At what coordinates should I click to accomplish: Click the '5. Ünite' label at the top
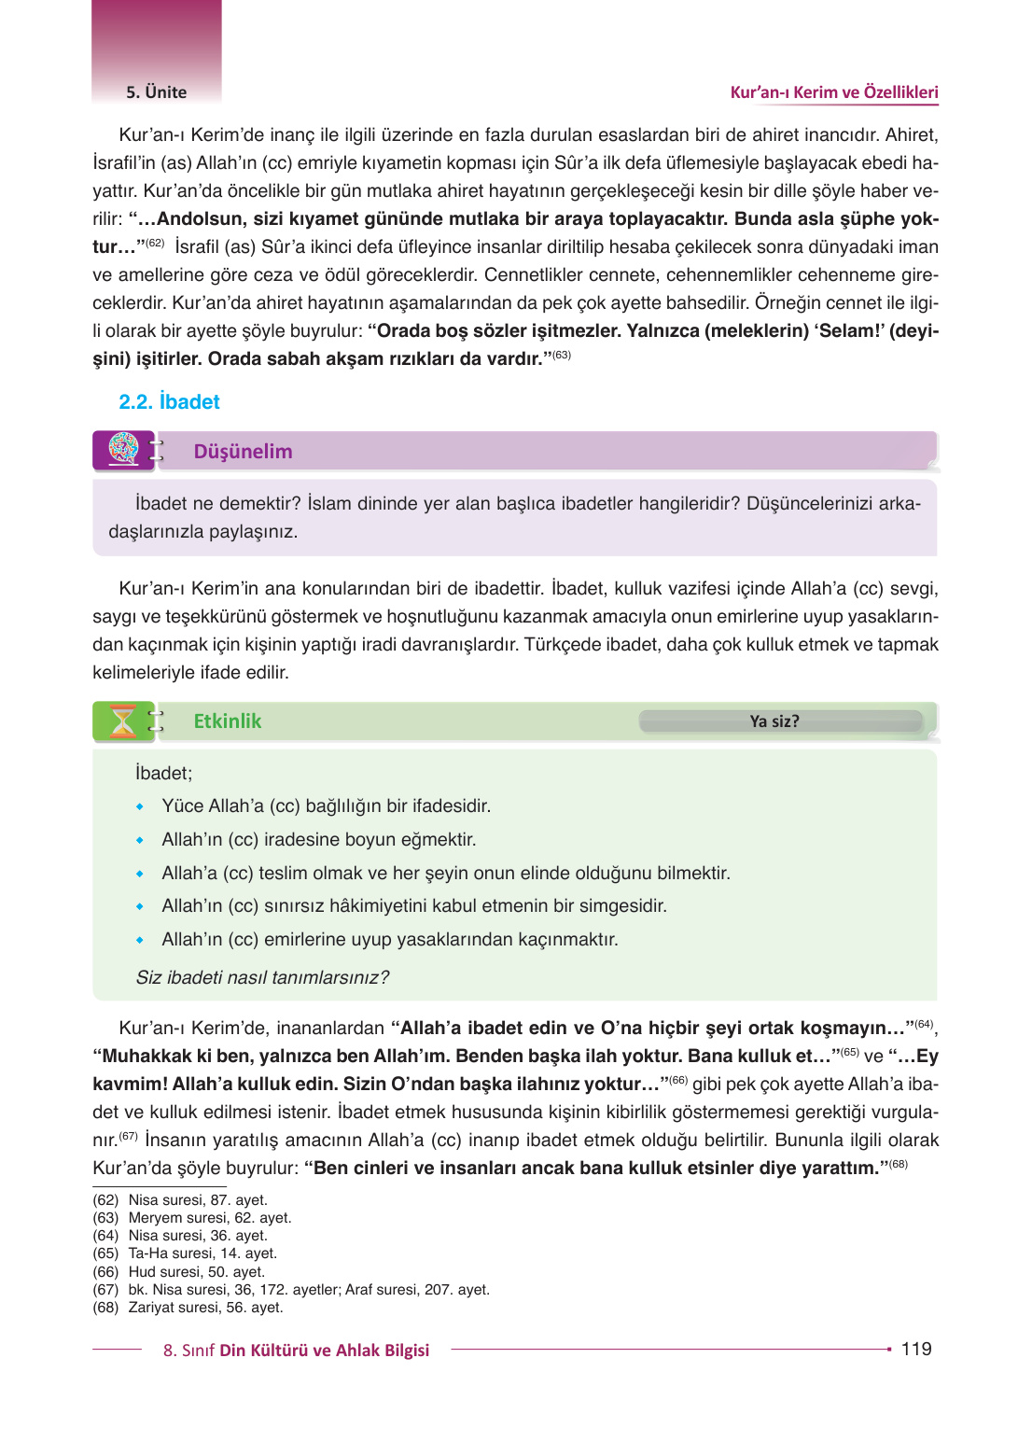coord(156,92)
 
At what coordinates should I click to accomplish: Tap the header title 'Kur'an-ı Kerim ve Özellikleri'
coord(833,92)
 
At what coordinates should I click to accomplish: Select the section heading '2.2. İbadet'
coord(169,401)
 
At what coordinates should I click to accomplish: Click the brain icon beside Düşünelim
coord(123,450)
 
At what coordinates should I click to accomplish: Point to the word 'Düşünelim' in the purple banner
coord(243,452)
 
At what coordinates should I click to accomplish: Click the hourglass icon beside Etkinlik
coord(123,721)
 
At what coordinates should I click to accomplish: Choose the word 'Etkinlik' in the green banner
coord(227,721)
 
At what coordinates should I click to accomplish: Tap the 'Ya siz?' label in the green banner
coord(774,721)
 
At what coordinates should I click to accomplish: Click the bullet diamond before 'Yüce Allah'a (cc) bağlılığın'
coord(140,806)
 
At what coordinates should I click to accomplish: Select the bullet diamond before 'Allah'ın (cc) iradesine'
coord(140,840)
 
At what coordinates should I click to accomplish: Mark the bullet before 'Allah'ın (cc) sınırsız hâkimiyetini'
coord(140,906)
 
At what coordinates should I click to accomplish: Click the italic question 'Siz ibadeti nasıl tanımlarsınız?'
coord(262,977)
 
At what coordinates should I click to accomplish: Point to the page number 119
coord(915,1349)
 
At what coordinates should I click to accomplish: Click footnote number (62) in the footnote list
coord(105,1200)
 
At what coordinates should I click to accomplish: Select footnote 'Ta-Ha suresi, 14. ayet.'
coord(202,1253)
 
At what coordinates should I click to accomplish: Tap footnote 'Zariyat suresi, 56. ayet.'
coord(205,1308)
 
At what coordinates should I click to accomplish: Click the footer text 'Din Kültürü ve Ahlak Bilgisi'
coord(324,1351)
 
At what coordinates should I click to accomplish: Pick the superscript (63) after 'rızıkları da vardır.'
coord(562,355)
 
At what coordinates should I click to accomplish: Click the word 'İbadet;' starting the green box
coord(163,773)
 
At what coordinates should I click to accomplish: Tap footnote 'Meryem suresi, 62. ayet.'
coord(210,1218)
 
